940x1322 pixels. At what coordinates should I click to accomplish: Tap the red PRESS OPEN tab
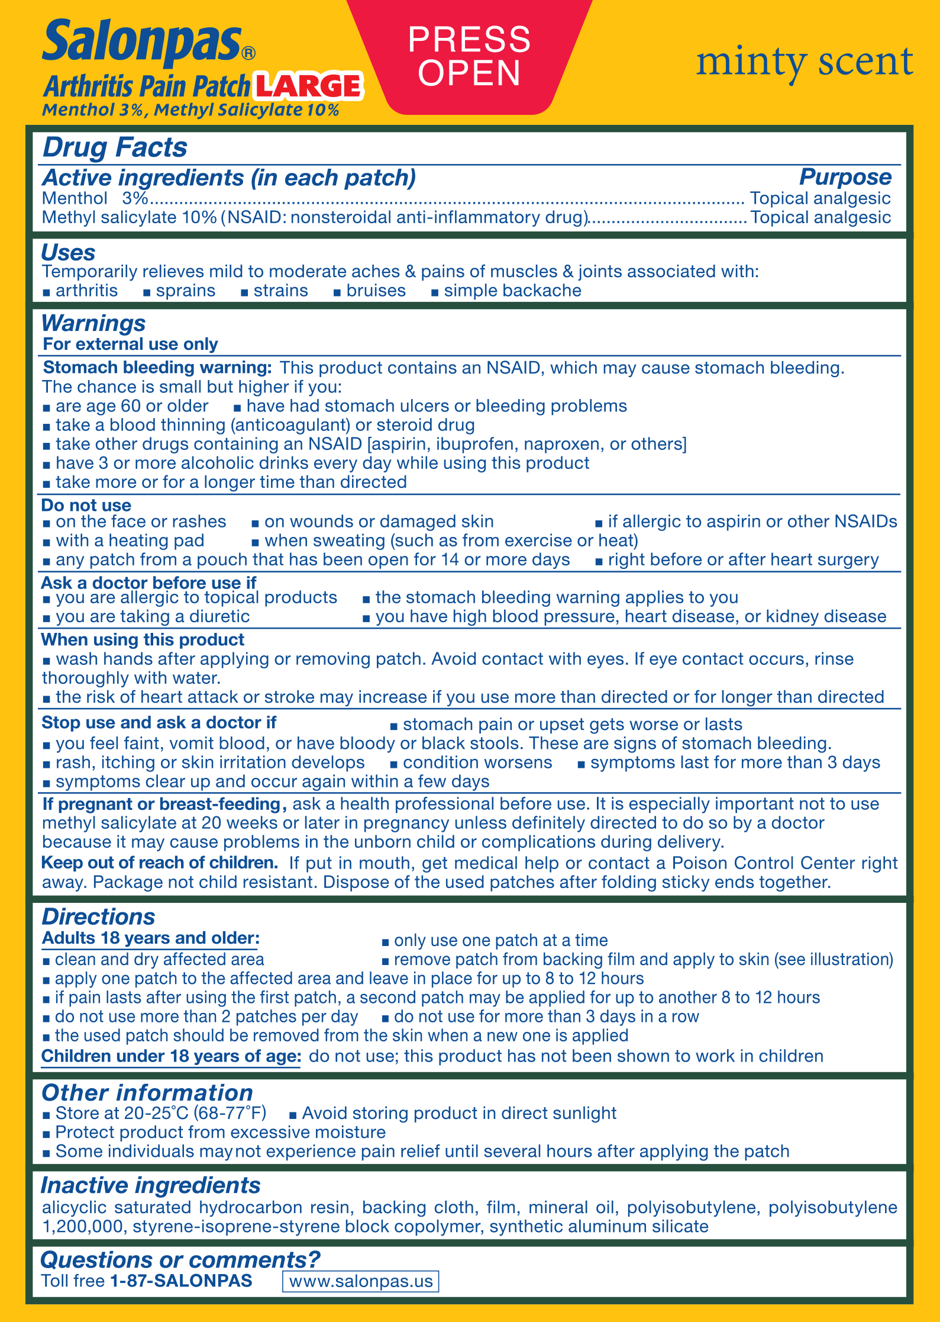(x=469, y=56)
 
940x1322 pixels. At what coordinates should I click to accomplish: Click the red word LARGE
(x=308, y=86)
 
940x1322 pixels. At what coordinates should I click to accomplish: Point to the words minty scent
(x=805, y=62)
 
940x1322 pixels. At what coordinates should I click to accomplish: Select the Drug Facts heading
(x=115, y=147)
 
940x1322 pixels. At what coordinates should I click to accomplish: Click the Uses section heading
(x=68, y=253)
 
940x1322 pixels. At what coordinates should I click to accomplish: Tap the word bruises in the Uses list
(x=376, y=291)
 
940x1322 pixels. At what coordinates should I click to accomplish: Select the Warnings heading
(x=93, y=323)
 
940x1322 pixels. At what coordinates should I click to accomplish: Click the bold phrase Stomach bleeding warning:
(x=157, y=368)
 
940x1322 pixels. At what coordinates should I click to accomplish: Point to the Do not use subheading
(x=86, y=505)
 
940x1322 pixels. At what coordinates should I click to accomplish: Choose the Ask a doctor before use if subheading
(x=148, y=583)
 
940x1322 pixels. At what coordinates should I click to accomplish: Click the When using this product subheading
(x=143, y=639)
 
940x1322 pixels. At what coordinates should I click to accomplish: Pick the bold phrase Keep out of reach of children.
(x=160, y=863)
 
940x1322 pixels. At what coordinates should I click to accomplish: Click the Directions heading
(x=98, y=916)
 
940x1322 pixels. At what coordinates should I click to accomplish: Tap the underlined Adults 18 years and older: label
(x=151, y=938)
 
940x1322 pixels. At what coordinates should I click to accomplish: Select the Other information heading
(x=147, y=1093)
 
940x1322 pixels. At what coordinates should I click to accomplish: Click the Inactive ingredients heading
(x=150, y=1185)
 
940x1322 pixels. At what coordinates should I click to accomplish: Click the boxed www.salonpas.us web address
(x=361, y=1281)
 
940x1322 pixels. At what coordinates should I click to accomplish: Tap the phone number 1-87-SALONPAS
(x=181, y=1281)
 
